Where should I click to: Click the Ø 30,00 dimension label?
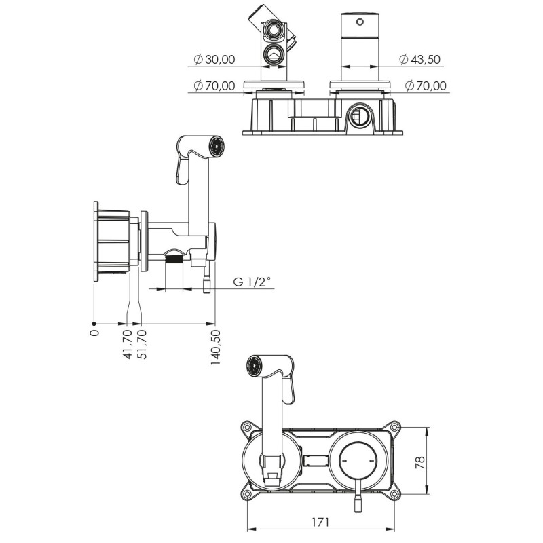pyautogui.click(x=214, y=60)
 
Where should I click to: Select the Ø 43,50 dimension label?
pyautogui.click(x=419, y=60)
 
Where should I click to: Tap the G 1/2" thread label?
pyautogui.click(x=251, y=282)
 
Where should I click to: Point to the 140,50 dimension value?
pyautogui.click(x=215, y=347)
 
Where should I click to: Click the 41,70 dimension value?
pyautogui.click(x=128, y=344)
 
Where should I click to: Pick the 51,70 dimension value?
pyautogui.click(x=141, y=344)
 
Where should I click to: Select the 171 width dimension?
pyautogui.click(x=320, y=521)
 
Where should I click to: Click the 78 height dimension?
pyautogui.click(x=419, y=462)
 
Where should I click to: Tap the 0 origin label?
pyautogui.click(x=94, y=333)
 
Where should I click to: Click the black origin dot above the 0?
pyautogui.click(x=94, y=324)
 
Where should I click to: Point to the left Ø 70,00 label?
pyautogui.click(x=214, y=86)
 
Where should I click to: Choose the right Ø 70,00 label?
pyautogui.click(x=426, y=86)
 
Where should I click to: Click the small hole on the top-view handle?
pyautogui.click(x=360, y=22)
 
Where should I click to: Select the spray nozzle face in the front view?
pyautogui.click(x=254, y=366)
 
